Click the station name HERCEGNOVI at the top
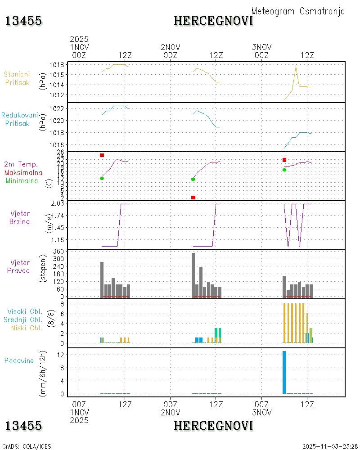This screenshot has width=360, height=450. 213,21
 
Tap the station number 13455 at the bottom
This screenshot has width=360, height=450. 23,426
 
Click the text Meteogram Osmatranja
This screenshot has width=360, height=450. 298,11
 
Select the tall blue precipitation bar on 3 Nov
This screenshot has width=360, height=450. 284,372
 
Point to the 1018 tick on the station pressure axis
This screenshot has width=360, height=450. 56,64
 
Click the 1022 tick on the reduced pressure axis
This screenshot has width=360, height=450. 56,108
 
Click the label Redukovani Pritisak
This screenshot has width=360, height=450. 19,119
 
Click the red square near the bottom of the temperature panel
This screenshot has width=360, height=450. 193,198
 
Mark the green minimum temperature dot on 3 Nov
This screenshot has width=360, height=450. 284,170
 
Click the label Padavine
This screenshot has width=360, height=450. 19,360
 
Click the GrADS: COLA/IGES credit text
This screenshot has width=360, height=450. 27,446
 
